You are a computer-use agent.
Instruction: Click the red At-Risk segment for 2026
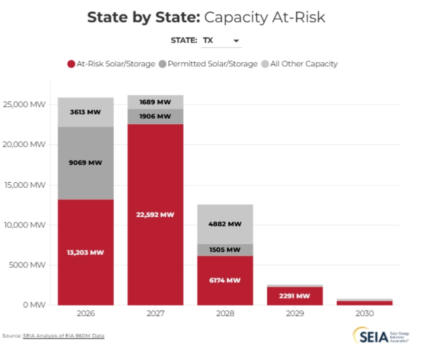click(86, 252)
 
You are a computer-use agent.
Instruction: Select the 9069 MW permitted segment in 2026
click(86, 163)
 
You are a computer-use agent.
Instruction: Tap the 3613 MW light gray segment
click(86, 112)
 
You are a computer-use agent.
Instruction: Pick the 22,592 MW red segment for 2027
click(155, 214)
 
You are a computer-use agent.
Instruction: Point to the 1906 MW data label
click(155, 116)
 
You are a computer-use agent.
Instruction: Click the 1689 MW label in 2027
click(155, 102)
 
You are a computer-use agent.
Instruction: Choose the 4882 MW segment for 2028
click(225, 224)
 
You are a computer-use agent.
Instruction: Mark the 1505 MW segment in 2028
click(225, 249)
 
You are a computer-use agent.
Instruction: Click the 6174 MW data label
click(225, 280)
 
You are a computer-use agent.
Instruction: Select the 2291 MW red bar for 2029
click(294, 295)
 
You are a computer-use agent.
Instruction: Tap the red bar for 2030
click(364, 302)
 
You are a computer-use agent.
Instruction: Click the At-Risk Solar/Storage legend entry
click(111, 64)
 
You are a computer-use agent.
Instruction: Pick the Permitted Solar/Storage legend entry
click(208, 64)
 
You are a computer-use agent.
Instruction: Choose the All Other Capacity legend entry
click(300, 64)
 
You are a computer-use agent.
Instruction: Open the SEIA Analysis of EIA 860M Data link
click(64, 335)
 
